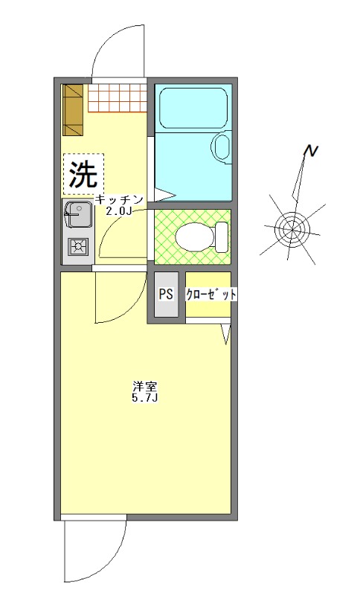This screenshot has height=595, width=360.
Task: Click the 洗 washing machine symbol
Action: point(83,175)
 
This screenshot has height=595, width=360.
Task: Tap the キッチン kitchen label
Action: point(119,199)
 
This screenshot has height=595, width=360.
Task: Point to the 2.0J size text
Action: point(119,211)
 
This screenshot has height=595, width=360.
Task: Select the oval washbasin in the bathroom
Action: point(221,147)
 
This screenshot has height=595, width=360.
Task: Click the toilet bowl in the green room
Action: point(192,237)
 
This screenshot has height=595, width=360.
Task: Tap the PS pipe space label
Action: point(165,294)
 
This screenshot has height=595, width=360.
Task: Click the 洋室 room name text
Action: point(144,387)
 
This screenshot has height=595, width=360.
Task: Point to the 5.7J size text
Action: point(144,399)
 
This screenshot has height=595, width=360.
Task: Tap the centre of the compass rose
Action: point(291,226)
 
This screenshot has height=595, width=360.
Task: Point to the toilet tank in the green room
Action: point(222,237)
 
